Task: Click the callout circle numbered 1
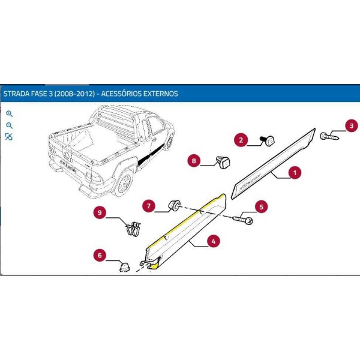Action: tap(294, 173)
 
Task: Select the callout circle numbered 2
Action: tap(242, 141)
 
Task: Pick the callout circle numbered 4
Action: tap(213, 242)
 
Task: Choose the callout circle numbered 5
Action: tap(261, 207)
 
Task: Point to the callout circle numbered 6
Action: tap(100, 256)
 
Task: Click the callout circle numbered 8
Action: tap(194, 160)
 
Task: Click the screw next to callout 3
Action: tap(329, 136)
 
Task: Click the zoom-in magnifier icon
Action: tap(9, 113)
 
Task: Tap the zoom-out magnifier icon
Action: tap(9, 125)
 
